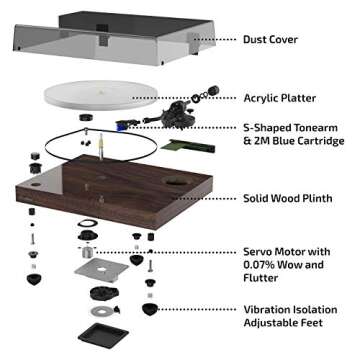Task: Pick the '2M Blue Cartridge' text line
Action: click(293, 142)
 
